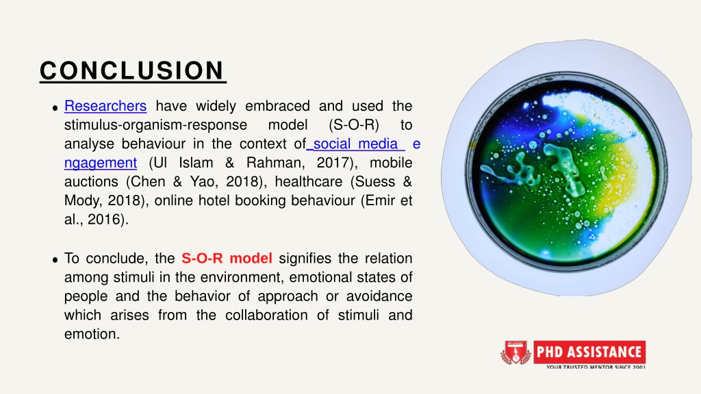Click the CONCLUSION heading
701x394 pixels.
(133, 70)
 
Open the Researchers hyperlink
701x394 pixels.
(105, 106)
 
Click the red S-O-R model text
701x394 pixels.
(227, 258)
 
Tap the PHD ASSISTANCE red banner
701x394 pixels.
(589, 352)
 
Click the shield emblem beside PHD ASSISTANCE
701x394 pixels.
(515, 352)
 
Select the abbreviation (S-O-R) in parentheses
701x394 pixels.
(354, 125)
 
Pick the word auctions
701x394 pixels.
(92, 182)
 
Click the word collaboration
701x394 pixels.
(266, 315)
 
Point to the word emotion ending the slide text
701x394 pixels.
(92, 334)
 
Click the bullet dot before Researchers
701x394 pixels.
(55, 107)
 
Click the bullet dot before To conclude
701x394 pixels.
(55, 260)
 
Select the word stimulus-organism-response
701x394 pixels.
(155, 125)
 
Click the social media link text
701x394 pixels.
(355, 144)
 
